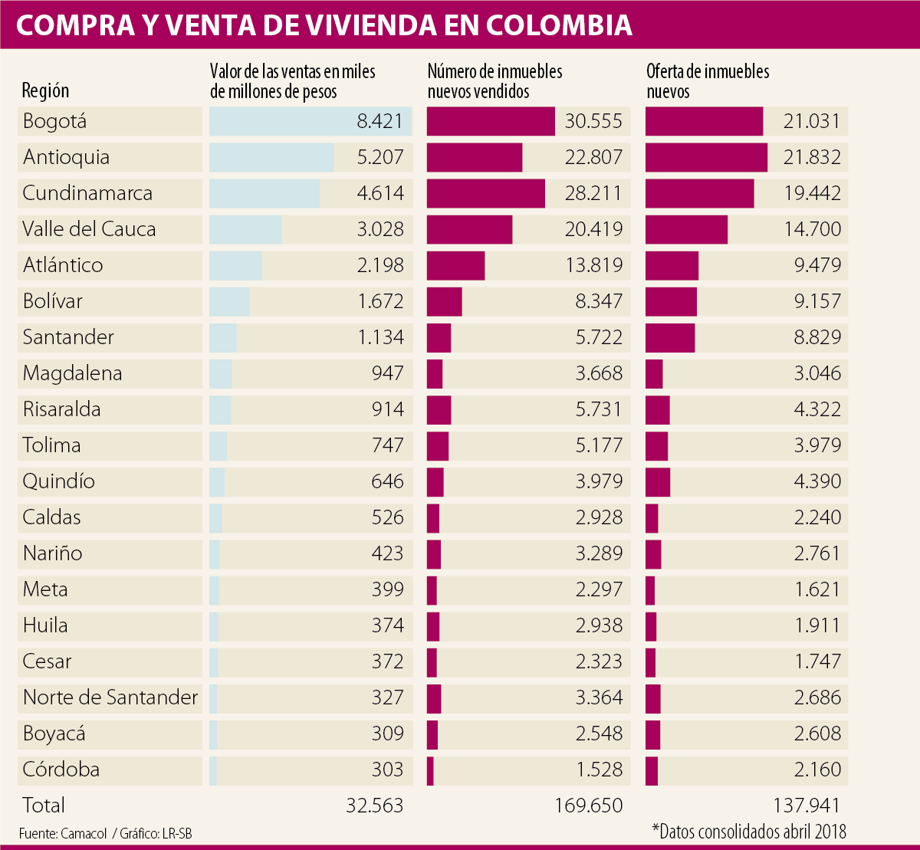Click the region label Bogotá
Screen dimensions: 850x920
(54, 121)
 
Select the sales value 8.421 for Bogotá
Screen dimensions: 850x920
(379, 121)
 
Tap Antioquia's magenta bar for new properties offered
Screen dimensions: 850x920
(706, 157)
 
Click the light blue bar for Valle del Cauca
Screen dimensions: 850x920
(245, 229)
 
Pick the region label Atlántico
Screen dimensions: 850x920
(63, 265)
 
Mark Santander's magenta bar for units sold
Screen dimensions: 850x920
(439, 337)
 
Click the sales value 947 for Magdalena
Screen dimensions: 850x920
(387, 373)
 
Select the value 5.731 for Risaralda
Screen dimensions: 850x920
(599, 409)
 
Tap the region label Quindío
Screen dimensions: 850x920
(59, 481)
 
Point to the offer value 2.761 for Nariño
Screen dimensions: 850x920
(817, 553)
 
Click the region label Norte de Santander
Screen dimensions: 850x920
(110, 697)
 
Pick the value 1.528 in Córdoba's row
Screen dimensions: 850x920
(599, 770)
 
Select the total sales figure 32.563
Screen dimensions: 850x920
(374, 806)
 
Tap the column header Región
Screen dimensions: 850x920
(45, 90)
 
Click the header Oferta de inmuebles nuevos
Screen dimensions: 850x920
(708, 81)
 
